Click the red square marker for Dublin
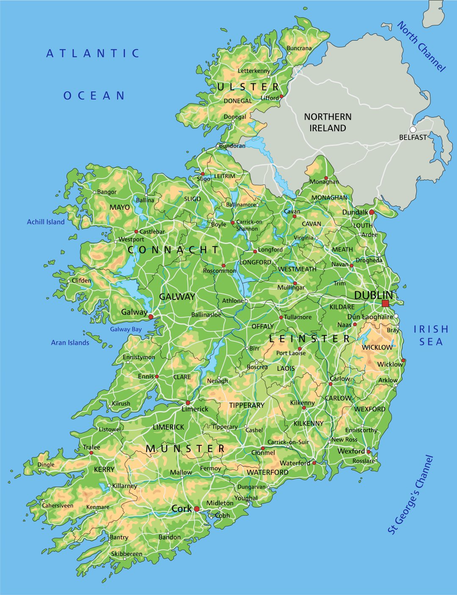(x=385, y=303)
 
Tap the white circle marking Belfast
(x=413, y=129)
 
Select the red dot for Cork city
(x=197, y=509)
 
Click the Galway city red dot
(x=151, y=316)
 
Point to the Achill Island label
(x=46, y=222)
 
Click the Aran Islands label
(x=70, y=343)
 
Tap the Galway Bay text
(x=126, y=329)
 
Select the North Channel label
(x=421, y=47)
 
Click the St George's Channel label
(x=411, y=494)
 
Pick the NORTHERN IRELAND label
(x=328, y=122)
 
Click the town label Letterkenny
(x=254, y=71)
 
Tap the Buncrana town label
(x=299, y=48)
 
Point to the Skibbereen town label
(x=127, y=554)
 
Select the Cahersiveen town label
(x=58, y=505)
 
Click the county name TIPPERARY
(x=247, y=405)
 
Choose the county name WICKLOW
(x=377, y=347)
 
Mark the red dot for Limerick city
(x=188, y=403)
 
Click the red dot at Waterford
(x=314, y=463)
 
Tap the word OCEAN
(x=94, y=96)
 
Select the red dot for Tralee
(x=91, y=452)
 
